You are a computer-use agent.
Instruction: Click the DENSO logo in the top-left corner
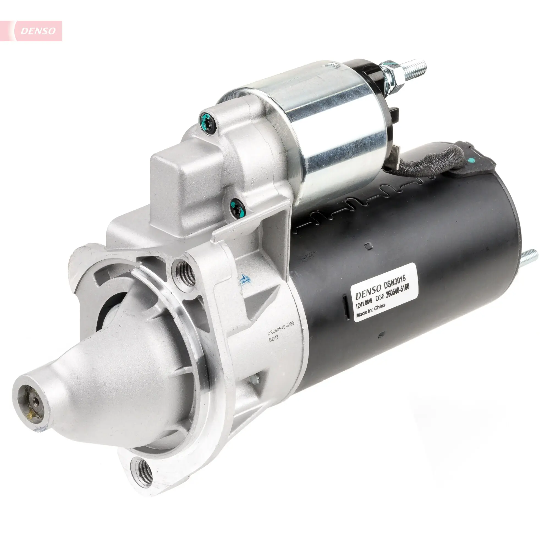38,31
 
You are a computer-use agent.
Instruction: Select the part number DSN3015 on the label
397,283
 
